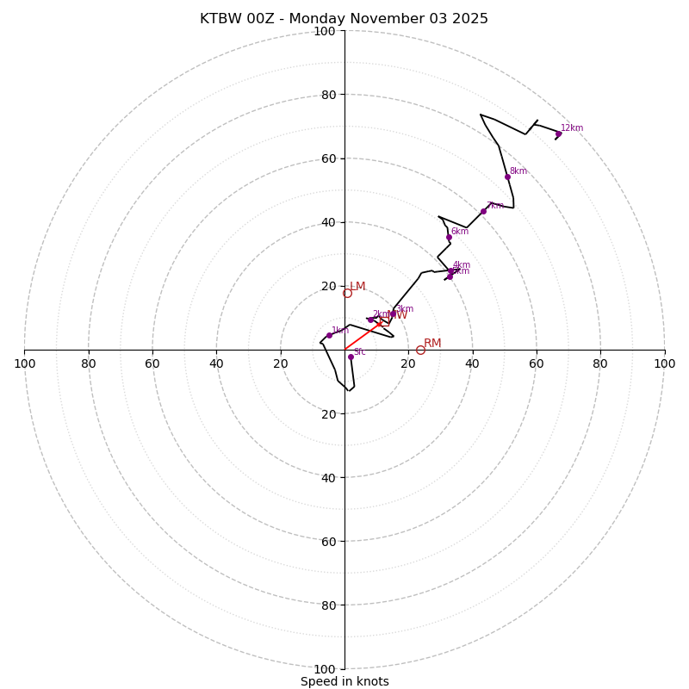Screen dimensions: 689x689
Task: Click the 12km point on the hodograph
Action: click(x=558, y=133)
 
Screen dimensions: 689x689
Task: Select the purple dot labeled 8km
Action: click(x=507, y=177)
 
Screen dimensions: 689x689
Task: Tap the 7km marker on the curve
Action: click(x=483, y=211)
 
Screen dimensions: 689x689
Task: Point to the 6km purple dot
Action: click(x=449, y=237)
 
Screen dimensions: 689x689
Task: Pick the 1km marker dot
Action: click(x=329, y=335)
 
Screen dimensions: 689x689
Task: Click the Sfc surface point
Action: click(x=351, y=357)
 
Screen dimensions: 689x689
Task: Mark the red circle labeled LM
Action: click(x=347, y=293)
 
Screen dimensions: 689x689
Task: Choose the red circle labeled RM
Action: click(x=420, y=350)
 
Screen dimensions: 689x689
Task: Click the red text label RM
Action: click(x=432, y=343)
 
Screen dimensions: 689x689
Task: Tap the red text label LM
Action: click(x=357, y=286)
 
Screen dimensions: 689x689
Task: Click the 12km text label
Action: click(x=572, y=128)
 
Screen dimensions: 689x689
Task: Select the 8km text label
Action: click(x=518, y=171)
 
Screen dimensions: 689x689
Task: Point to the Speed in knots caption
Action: click(x=344, y=681)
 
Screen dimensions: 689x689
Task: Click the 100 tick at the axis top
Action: click(x=325, y=31)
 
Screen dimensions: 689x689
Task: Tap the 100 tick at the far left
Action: click(x=24, y=363)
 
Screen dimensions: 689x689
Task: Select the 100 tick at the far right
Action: click(x=664, y=363)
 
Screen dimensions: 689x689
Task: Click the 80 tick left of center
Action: click(x=89, y=363)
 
